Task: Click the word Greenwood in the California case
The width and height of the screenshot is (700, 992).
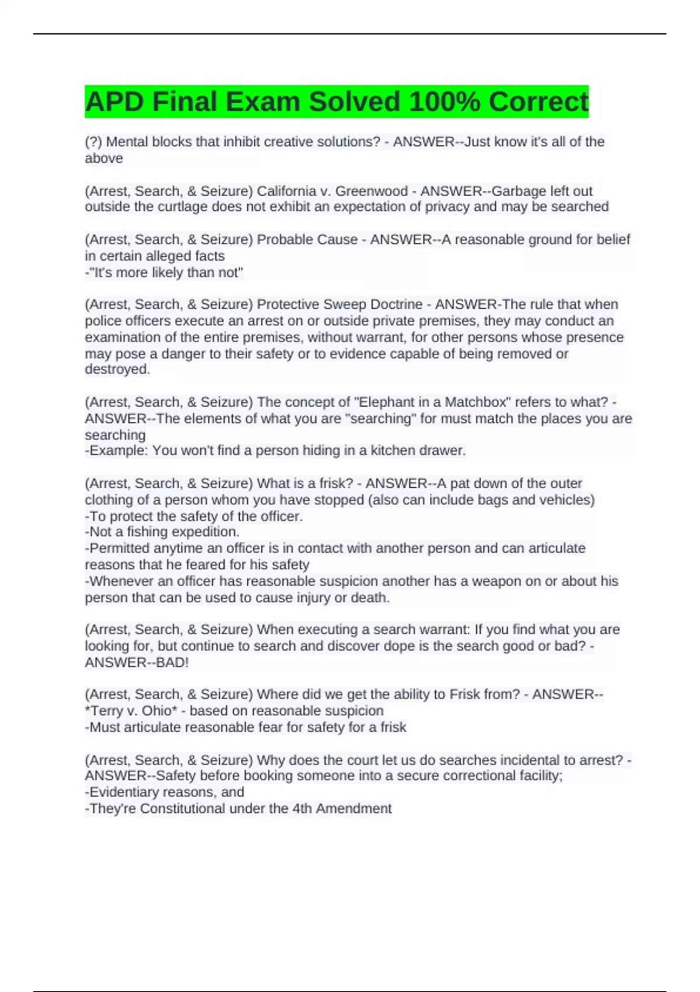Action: [371, 191]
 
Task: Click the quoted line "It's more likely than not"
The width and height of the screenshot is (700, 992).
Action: [164, 273]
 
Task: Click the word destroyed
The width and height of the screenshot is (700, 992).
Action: [117, 369]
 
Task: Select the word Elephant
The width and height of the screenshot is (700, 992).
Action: [384, 402]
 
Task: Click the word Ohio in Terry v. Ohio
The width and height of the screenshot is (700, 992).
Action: [156, 711]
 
